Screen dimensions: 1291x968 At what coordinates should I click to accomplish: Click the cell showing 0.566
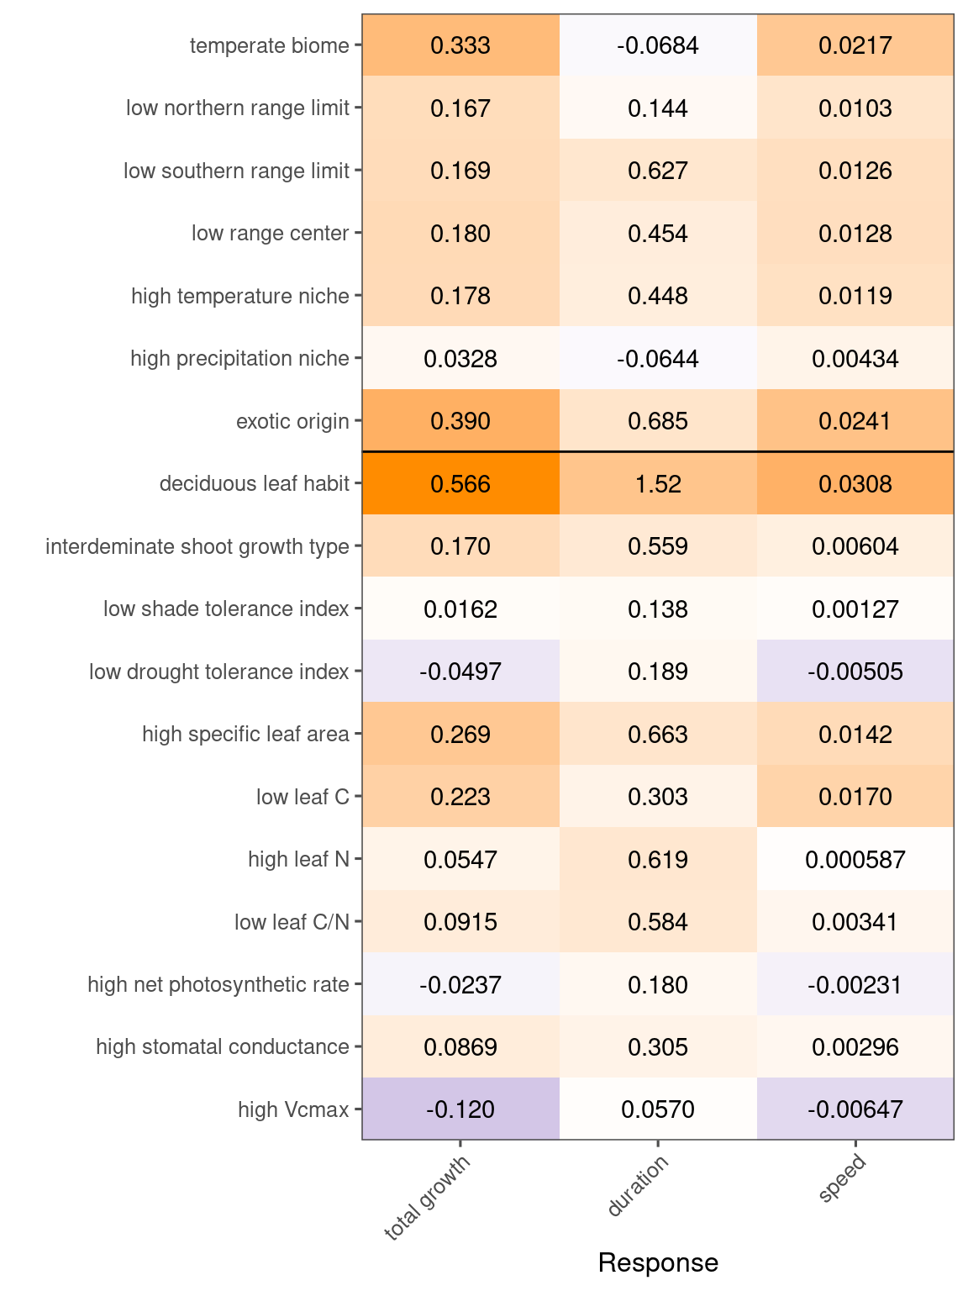click(x=460, y=484)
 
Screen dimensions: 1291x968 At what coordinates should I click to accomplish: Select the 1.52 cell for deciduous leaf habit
click(x=658, y=484)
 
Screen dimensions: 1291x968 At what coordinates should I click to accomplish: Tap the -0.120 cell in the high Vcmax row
click(x=460, y=1109)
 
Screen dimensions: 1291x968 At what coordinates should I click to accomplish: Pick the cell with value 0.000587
click(x=855, y=860)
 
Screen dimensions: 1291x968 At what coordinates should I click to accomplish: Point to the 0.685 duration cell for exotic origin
click(x=658, y=421)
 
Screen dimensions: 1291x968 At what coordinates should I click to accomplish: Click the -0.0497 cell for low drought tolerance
click(x=460, y=672)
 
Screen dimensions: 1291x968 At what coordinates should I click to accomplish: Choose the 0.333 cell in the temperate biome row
click(x=460, y=45)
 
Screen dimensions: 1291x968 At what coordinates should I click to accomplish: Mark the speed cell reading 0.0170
click(x=855, y=797)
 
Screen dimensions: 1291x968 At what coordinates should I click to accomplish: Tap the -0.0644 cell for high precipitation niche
click(x=658, y=359)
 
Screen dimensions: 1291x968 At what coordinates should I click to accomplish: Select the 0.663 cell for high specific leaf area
click(x=658, y=735)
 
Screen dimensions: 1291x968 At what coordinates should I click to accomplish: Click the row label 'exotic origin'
click(x=292, y=421)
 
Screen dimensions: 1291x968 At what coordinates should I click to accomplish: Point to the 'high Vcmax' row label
click(x=293, y=1109)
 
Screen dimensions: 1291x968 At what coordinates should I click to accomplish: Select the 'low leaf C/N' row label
click(x=292, y=922)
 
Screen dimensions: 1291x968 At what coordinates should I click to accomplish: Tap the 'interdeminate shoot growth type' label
click(x=197, y=546)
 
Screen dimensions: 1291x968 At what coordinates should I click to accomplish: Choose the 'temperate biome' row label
click(x=269, y=45)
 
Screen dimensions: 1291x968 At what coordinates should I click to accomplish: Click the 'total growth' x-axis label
click(x=428, y=1198)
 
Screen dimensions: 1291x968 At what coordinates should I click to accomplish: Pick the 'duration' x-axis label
click(x=639, y=1186)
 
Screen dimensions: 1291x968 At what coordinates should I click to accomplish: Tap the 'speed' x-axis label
click(x=842, y=1179)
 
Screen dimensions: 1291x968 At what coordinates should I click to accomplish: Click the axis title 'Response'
click(x=658, y=1262)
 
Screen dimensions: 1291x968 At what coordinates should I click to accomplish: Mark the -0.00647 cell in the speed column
click(x=855, y=1109)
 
